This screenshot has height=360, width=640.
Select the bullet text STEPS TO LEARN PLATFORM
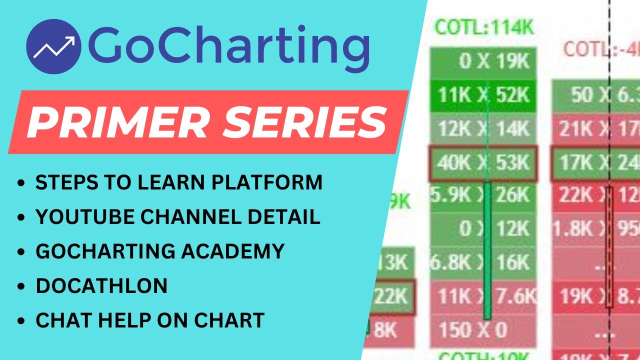point(178,183)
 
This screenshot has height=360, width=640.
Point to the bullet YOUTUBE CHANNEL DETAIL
point(177,217)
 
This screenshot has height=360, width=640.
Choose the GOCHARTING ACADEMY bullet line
point(160,251)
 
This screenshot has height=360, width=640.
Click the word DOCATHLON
point(101,285)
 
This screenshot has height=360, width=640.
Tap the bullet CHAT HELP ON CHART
point(150,320)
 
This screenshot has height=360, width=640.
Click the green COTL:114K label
point(483,27)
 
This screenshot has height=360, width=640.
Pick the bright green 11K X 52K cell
point(483,95)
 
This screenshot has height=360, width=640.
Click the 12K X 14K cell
point(483,129)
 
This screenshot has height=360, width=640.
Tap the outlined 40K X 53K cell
point(483,163)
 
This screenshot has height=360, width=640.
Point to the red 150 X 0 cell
point(472,330)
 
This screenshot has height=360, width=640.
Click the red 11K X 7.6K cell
point(483,297)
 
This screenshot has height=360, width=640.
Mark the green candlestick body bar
point(487,250)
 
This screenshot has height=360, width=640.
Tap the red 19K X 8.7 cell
point(595,297)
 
